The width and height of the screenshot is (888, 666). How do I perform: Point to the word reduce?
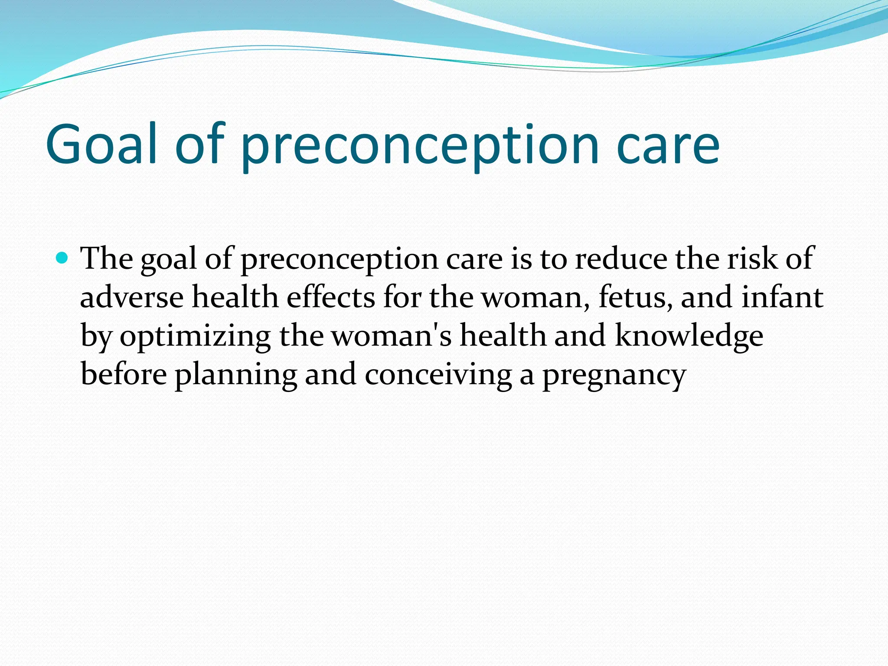(x=621, y=259)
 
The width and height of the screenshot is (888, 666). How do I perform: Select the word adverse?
(x=132, y=298)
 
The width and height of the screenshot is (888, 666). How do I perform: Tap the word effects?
(x=330, y=298)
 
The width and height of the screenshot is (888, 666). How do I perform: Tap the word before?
(x=124, y=375)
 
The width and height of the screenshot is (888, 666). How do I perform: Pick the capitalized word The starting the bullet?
(x=107, y=259)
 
